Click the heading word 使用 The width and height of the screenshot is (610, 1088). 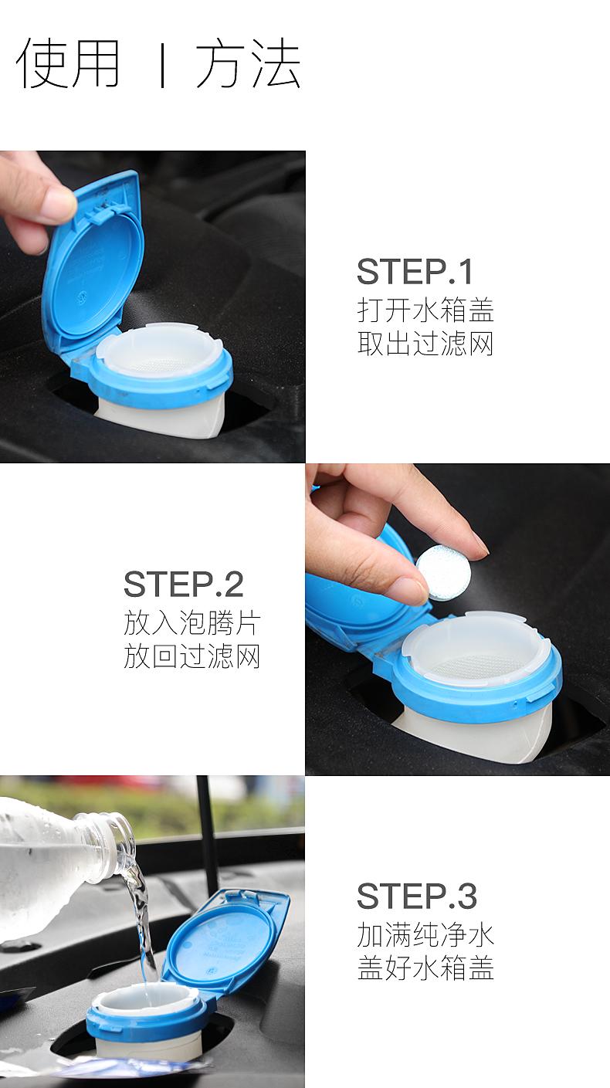68,63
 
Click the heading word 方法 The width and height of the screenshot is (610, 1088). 248,63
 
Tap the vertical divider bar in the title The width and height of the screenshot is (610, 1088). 163,65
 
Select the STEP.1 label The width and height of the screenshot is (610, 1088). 415,272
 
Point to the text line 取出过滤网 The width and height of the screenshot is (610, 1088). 425,344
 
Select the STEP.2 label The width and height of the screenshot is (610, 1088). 184,585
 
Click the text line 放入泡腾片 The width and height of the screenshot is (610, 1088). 192,622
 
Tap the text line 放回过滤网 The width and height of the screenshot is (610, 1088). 192,656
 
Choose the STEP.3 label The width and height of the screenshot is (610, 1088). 417,896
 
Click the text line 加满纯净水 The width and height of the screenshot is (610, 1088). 425,934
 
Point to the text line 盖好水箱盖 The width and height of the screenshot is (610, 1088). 425,968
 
